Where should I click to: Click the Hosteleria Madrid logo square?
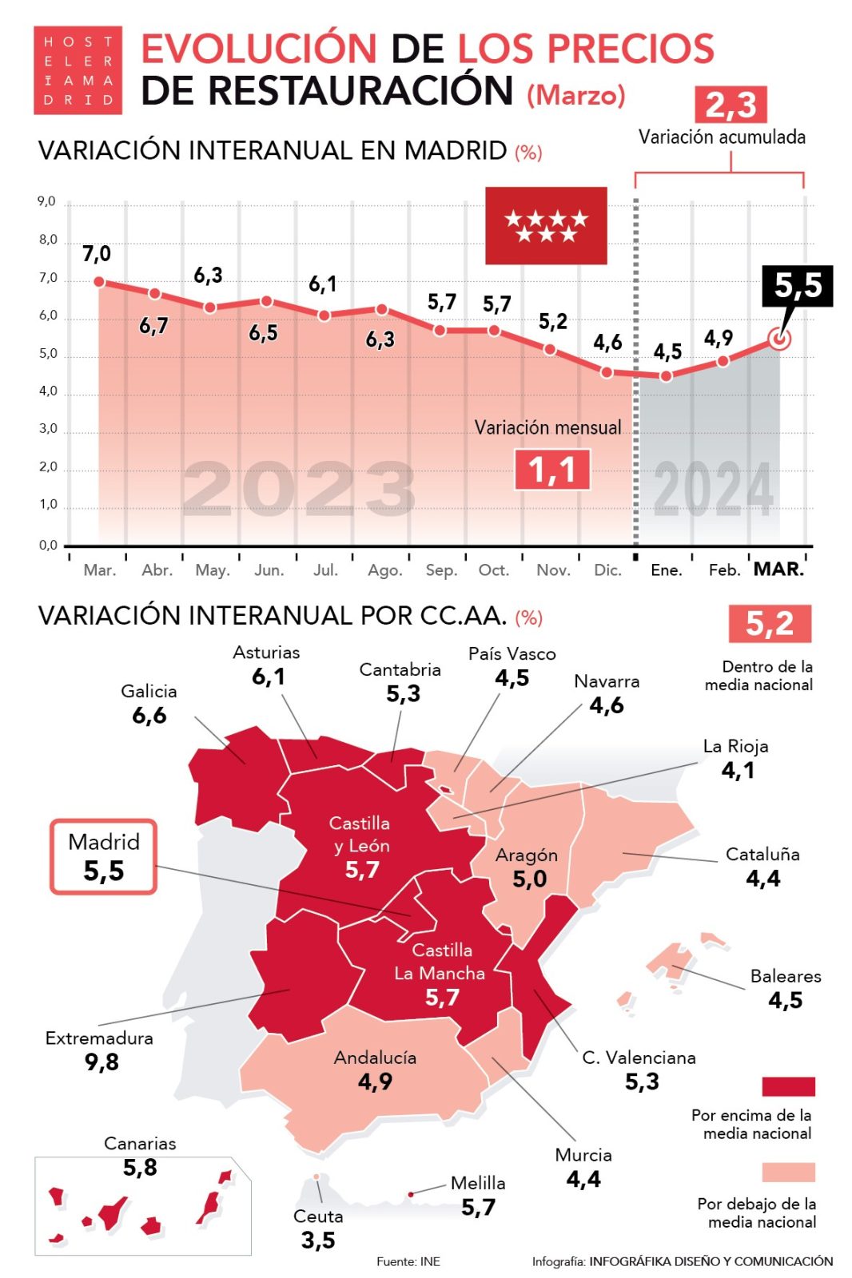[x=78, y=70]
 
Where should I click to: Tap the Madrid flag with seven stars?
[x=546, y=225]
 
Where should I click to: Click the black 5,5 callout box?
[x=797, y=285]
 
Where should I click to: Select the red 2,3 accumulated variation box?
[x=731, y=105]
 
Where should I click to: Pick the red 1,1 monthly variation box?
[x=552, y=469]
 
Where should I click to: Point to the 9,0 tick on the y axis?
[x=47, y=201]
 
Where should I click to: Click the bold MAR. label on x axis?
[x=778, y=570]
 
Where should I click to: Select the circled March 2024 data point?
[x=780, y=339]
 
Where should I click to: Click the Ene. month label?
[x=666, y=570]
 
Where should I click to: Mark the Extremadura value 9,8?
[x=102, y=1062]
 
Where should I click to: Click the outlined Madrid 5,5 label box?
[x=104, y=856]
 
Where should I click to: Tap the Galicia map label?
[x=149, y=691]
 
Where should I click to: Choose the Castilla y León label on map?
[x=360, y=834]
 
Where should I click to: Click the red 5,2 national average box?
[x=769, y=623]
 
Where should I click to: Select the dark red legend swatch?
[x=788, y=1086]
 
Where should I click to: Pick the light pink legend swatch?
[x=788, y=1172]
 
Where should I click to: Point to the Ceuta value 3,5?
[x=317, y=1240]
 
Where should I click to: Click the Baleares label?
[x=785, y=976]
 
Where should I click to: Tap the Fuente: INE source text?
[x=408, y=1261]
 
